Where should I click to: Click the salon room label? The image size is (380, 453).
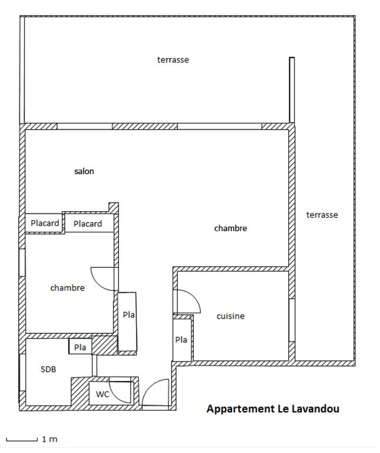(84, 171)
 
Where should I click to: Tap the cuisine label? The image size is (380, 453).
(230, 316)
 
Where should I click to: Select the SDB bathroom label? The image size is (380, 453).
(48, 369)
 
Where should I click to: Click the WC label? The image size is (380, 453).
(103, 394)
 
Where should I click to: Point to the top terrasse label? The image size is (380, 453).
(173, 60)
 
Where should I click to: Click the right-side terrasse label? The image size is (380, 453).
(322, 215)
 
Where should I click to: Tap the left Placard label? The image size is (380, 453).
(45, 223)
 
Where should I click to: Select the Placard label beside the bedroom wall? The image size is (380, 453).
(88, 224)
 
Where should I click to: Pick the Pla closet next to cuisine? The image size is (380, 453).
(181, 340)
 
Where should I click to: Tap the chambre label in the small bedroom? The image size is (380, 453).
(68, 288)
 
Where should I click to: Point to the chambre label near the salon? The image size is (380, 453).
(230, 228)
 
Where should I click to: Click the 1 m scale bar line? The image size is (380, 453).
(22, 441)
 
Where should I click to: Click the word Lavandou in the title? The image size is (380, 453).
(316, 409)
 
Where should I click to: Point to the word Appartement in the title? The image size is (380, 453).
(240, 409)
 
